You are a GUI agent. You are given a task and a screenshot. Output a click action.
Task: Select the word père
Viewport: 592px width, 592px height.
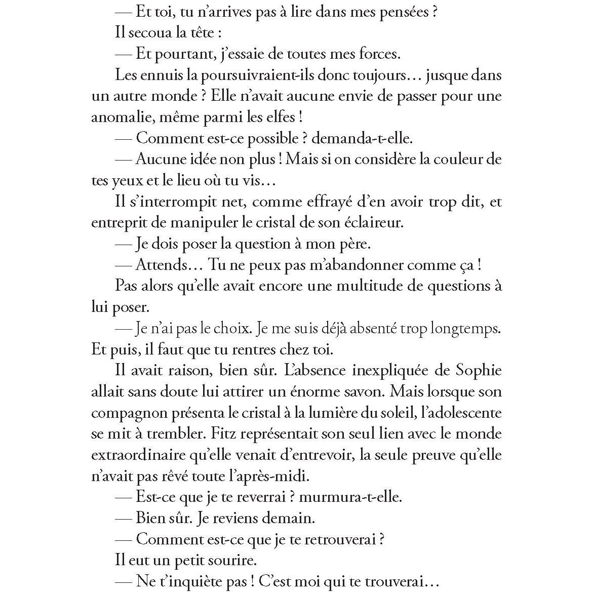tap(351, 244)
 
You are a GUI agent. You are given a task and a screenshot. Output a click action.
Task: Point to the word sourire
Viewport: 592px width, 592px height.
tap(232, 560)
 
